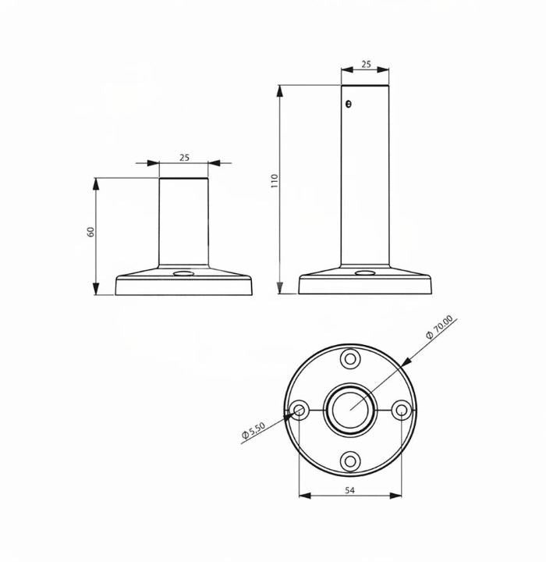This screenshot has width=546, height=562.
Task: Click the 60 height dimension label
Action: (x=91, y=232)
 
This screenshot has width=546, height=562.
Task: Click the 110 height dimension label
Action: (x=275, y=181)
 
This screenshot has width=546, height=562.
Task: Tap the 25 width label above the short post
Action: (x=184, y=158)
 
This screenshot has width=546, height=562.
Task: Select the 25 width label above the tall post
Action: (x=366, y=65)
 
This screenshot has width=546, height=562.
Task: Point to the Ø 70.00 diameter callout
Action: (x=440, y=326)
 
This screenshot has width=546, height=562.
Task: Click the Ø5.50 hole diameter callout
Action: (x=253, y=430)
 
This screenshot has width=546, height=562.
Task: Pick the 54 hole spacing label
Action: (x=349, y=490)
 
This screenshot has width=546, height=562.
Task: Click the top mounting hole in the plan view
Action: (x=350, y=359)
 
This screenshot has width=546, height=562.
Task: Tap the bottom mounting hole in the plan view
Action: (x=350, y=461)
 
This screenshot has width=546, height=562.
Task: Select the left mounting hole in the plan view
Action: (x=300, y=410)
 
